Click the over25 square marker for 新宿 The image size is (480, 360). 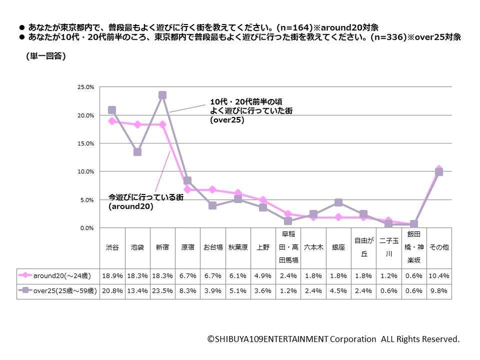[162, 95]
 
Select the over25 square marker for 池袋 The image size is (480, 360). [137, 152]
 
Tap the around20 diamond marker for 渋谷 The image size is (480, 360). [112, 121]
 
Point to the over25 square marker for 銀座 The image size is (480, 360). [338, 202]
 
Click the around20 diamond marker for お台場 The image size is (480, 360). [212, 189]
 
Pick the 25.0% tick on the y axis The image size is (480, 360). [86, 87]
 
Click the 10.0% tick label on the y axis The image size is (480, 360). [86, 172]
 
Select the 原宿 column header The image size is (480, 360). [187, 247]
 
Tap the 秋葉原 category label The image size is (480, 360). [238, 247]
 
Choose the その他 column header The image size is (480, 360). [439, 247]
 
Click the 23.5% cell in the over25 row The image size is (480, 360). [162, 291]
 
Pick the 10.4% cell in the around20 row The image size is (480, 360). [439, 276]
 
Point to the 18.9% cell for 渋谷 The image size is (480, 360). [112, 276]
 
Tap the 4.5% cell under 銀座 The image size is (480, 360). [338, 291]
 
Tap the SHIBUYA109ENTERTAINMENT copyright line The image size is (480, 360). [333, 339]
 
